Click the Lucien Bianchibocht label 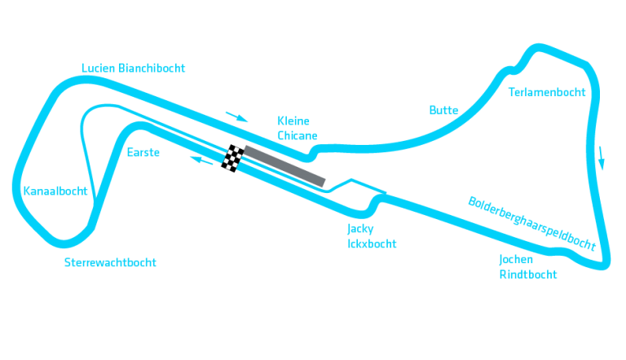(x=134, y=68)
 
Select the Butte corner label (x=443, y=110)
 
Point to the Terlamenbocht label (x=546, y=92)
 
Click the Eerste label (x=143, y=152)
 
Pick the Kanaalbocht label (x=55, y=191)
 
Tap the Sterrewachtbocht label (x=110, y=262)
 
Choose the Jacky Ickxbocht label (x=372, y=235)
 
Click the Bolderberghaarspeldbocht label (x=531, y=222)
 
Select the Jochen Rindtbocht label (x=527, y=267)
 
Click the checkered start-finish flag (x=234, y=158)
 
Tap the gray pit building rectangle (x=284, y=165)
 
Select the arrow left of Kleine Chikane (x=236, y=116)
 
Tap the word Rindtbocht (x=527, y=274)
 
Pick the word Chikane (x=298, y=135)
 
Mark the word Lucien (x=99, y=68)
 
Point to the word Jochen (x=517, y=260)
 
